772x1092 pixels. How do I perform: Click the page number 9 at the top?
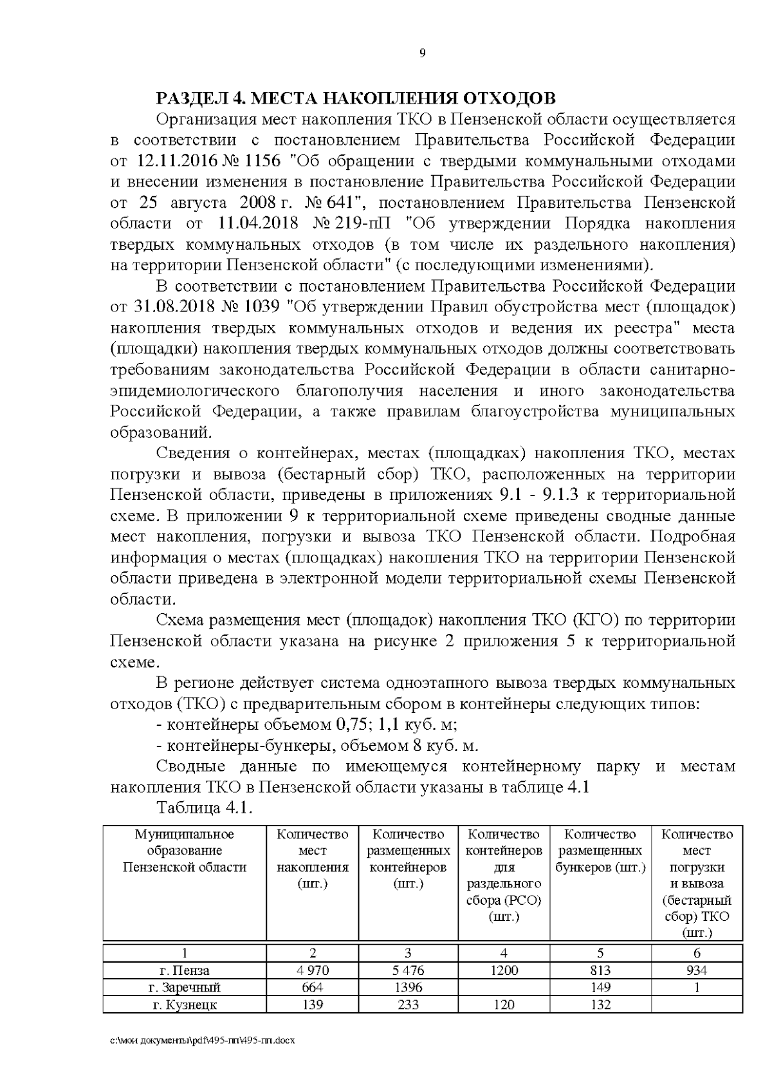(422, 53)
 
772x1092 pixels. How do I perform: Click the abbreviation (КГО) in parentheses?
(590, 620)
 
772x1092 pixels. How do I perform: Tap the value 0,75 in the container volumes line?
(353, 725)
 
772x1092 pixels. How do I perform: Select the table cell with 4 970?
(312, 970)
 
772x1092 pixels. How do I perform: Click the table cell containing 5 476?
(407, 970)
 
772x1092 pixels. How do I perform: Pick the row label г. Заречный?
(185, 987)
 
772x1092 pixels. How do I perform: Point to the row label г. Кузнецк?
(185, 1004)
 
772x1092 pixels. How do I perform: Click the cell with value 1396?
(407, 987)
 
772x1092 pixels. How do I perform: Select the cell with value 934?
(697, 970)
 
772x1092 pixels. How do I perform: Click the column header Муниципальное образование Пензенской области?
(185, 851)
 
